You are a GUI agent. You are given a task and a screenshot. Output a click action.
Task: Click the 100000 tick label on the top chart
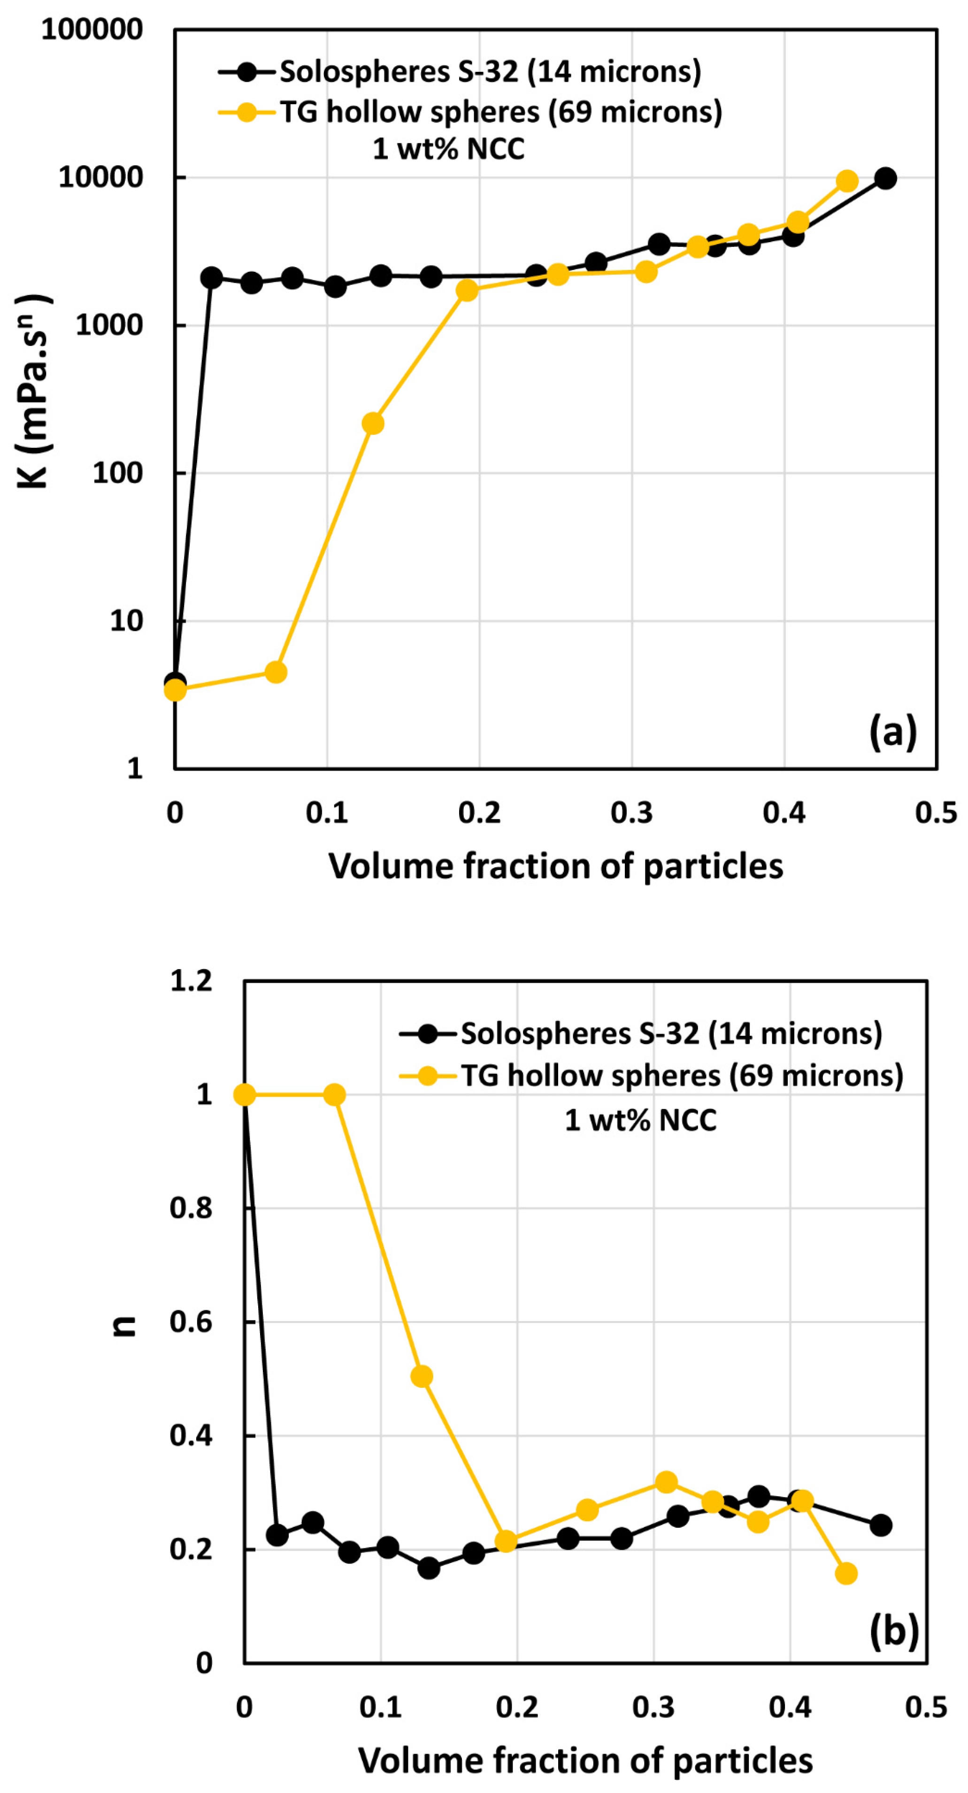pos(92,30)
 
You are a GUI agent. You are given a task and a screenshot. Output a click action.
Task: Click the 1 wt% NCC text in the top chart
pos(448,149)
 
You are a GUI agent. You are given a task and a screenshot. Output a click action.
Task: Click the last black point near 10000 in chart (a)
pos(884,178)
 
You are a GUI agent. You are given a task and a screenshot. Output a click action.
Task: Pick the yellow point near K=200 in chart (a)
pos(373,423)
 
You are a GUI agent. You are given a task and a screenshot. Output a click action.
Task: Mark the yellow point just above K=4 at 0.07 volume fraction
pos(277,672)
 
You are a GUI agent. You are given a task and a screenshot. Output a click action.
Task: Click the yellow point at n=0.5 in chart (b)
pos(422,1376)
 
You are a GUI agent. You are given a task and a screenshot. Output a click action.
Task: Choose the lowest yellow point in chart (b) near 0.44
pos(845,1574)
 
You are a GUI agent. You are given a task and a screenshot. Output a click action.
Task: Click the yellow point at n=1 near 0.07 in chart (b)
pos(335,1095)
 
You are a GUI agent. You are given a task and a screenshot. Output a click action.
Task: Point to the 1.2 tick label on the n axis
pos(191,981)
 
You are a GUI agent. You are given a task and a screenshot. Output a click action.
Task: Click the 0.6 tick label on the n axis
pos(191,1322)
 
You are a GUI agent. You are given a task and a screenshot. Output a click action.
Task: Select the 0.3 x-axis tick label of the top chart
pos(631,812)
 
